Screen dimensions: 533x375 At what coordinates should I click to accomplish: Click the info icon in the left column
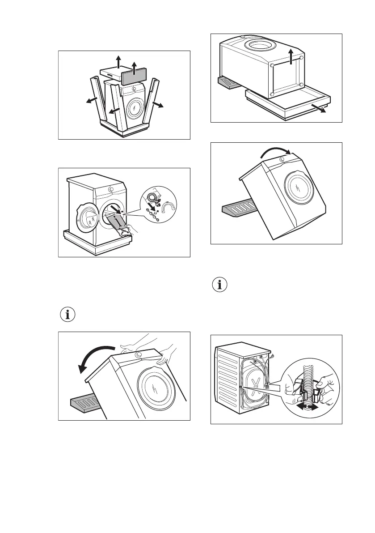point(68,314)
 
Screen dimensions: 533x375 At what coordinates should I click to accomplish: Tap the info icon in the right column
point(219,285)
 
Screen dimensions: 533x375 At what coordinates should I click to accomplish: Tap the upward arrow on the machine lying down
point(291,57)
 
